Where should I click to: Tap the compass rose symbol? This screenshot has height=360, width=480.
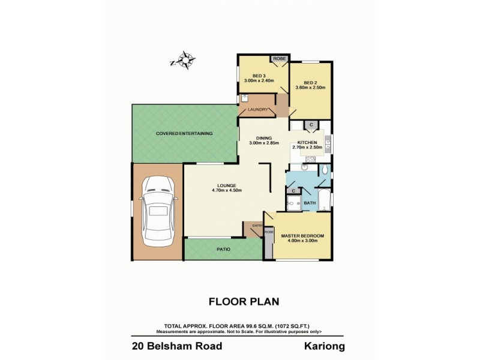coord(186,61)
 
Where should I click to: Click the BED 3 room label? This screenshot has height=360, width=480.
coord(259,76)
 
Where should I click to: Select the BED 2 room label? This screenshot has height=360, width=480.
coord(310,83)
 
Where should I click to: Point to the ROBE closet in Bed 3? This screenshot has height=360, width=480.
coord(279,59)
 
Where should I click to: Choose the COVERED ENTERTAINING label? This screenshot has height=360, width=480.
coord(184,133)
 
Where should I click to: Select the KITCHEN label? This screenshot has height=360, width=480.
coord(307,142)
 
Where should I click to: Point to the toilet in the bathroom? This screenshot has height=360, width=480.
coord(324,171)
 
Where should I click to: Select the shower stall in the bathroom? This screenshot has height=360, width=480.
coord(294,203)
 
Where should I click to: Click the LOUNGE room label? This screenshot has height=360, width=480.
coord(223,185)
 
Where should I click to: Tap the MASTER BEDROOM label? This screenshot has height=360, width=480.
coord(302,236)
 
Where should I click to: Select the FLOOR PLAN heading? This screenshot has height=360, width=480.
coord(240,301)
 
